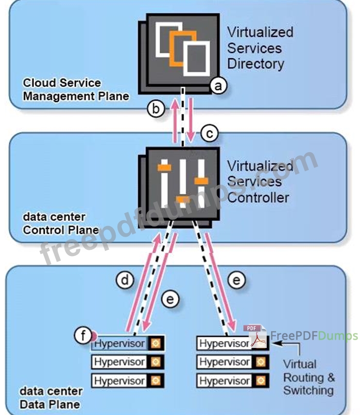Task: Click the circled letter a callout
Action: pyautogui.click(x=218, y=86)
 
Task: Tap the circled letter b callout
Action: pyautogui.click(x=155, y=109)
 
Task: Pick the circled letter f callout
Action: pyautogui.click(x=83, y=335)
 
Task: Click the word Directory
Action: pyautogui.click(x=256, y=64)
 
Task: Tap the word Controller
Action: pyautogui.click(x=258, y=197)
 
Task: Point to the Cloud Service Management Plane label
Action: pyautogui.click(x=76, y=89)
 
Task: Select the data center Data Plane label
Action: pyautogui.click(x=51, y=397)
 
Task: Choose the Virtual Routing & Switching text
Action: pyautogui.click(x=309, y=377)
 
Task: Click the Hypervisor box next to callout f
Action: pyautogui.click(x=120, y=344)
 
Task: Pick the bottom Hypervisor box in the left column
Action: pyautogui.click(x=120, y=380)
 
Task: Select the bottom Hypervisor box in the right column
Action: pyautogui.click(x=224, y=380)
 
